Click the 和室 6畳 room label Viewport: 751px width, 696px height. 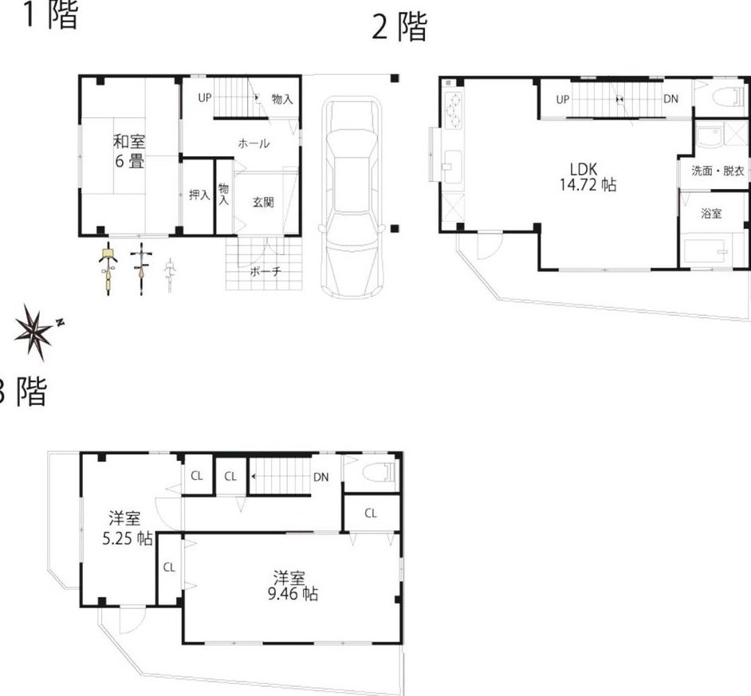tap(129, 151)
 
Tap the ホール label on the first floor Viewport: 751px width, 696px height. tap(254, 144)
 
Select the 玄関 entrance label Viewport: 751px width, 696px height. tap(263, 203)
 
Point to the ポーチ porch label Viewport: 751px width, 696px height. tap(265, 272)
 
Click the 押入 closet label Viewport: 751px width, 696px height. tap(199, 195)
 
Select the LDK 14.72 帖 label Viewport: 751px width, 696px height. tap(588, 177)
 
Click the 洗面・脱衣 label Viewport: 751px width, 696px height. tap(718, 171)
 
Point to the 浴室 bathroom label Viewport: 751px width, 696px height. tap(711, 213)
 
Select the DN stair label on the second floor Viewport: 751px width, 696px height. tap(670, 99)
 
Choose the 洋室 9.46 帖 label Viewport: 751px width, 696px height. tap(292, 586)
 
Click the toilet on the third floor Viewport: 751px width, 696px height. tap(381, 473)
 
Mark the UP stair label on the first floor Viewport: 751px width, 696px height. tap(205, 98)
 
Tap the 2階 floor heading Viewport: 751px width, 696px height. tap(399, 27)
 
